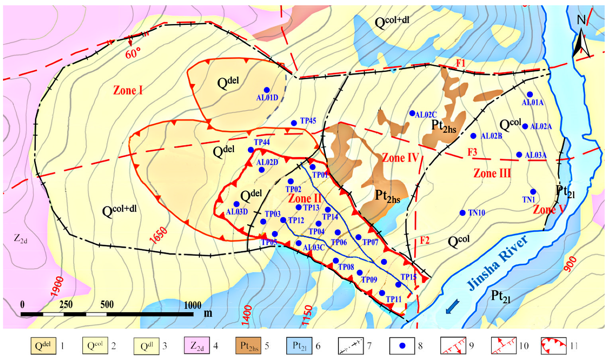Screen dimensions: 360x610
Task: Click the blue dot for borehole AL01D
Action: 267,90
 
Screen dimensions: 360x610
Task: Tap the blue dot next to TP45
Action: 294,123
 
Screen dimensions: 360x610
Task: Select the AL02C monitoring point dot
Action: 412,113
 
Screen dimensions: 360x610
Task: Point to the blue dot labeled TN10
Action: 463,213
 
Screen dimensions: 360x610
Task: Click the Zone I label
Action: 128,90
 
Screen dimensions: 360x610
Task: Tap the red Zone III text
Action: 492,173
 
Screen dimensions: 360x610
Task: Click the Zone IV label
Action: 400,158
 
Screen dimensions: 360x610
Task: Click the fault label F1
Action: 461,63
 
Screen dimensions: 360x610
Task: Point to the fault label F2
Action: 425,240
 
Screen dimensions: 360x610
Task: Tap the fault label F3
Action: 472,152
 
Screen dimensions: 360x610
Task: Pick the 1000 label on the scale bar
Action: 193,305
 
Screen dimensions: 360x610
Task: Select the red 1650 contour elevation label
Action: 158,236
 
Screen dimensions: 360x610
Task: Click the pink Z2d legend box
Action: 197,346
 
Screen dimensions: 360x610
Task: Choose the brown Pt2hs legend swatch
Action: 248,346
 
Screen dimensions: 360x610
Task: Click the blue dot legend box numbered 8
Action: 402,346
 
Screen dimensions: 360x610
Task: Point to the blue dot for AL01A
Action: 530,94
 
